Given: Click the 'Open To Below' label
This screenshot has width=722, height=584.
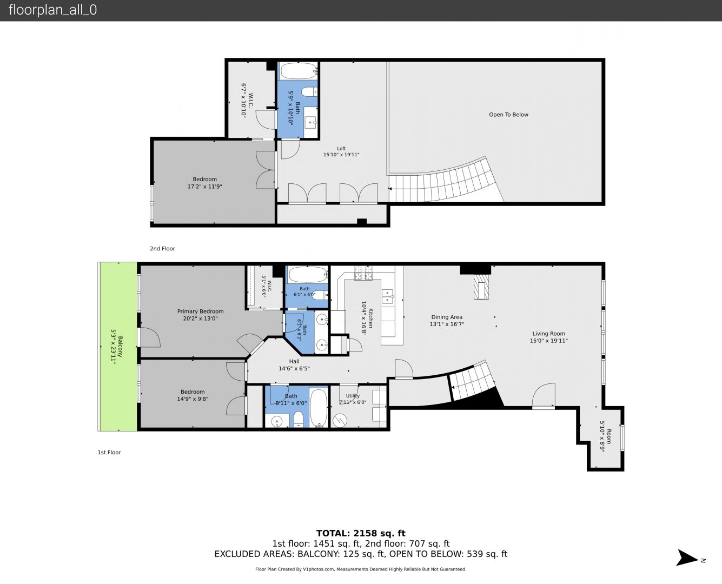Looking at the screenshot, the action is pyautogui.click(x=508, y=115).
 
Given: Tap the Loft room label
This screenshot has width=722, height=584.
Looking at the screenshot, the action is pyautogui.click(x=341, y=151).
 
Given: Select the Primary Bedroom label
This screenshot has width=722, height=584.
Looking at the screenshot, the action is pyautogui.click(x=200, y=315).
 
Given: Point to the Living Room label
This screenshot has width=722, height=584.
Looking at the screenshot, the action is pyautogui.click(x=548, y=337).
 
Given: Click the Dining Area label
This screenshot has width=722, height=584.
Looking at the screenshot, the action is pyautogui.click(x=447, y=320).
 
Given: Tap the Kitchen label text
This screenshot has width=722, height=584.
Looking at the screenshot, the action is pyautogui.click(x=367, y=318).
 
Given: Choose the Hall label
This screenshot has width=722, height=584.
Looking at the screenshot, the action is pyautogui.click(x=294, y=364).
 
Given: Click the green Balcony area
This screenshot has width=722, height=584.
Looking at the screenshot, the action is pyautogui.click(x=118, y=346).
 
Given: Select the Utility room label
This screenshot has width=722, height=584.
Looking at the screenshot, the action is pyautogui.click(x=353, y=399).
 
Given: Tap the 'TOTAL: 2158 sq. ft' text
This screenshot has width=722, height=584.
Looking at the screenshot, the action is pyautogui.click(x=361, y=533).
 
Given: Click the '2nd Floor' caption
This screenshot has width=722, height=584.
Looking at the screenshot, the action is pyautogui.click(x=162, y=248).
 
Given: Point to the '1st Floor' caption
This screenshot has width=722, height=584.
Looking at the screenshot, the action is pyautogui.click(x=109, y=452).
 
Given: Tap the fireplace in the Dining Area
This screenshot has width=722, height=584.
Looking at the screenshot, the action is pyautogui.click(x=481, y=287).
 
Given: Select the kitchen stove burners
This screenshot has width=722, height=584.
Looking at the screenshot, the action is pyautogui.click(x=363, y=273).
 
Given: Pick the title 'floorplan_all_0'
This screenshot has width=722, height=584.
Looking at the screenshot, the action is pyautogui.click(x=53, y=10).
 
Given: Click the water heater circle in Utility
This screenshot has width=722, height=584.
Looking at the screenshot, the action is pyautogui.click(x=340, y=421).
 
